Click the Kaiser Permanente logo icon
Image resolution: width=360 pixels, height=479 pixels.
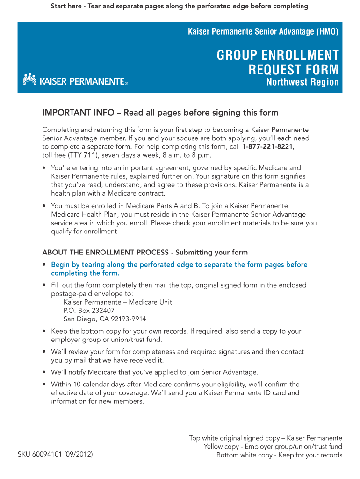click(29, 79)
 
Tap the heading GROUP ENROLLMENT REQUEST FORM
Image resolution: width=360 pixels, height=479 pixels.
click(278, 63)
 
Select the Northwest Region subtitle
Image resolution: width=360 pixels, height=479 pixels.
click(302, 82)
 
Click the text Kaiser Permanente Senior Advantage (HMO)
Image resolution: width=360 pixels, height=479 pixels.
click(263, 32)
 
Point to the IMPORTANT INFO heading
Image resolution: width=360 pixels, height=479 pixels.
click(160, 113)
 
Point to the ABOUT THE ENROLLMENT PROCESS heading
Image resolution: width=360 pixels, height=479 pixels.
click(145, 252)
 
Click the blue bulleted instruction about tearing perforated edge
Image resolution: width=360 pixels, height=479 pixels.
click(179, 269)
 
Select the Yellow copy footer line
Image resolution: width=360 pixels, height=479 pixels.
click(273, 447)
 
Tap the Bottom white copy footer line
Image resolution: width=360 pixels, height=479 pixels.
click(279, 455)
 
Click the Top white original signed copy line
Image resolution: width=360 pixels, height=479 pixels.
click(266, 438)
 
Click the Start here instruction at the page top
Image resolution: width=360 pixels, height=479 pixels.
click(180, 6)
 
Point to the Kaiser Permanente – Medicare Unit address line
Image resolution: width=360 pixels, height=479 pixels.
click(118, 302)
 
